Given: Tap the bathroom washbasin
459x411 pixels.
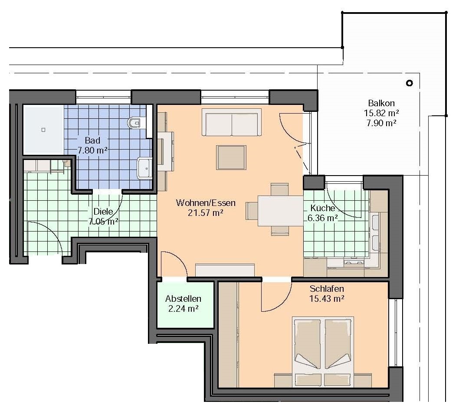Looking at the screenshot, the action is click(x=144, y=168).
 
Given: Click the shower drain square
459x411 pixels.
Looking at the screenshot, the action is click(x=43, y=130).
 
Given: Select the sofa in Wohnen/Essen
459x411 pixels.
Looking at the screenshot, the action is click(x=232, y=122).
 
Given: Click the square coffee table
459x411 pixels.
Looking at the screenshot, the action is click(x=231, y=157).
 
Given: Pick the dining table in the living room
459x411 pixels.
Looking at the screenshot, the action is click(x=280, y=211).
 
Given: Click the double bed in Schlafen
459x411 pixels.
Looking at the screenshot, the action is click(x=323, y=352).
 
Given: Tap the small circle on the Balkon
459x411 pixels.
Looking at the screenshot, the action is click(x=410, y=83).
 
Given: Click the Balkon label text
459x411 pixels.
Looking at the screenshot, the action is click(x=381, y=103).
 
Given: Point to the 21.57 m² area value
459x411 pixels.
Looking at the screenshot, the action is click(x=206, y=213).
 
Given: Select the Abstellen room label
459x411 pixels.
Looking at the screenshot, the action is click(x=183, y=299).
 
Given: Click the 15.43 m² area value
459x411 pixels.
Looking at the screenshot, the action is click(x=327, y=299).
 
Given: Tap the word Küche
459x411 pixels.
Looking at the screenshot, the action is click(x=323, y=208).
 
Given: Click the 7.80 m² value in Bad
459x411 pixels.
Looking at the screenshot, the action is click(x=92, y=150).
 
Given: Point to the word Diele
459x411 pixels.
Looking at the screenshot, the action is click(x=103, y=211).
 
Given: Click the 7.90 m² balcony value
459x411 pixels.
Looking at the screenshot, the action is click(x=381, y=123).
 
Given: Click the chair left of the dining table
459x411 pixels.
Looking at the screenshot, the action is click(x=252, y=211).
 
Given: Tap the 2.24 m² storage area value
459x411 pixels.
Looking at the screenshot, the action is click(x=184, y=309).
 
